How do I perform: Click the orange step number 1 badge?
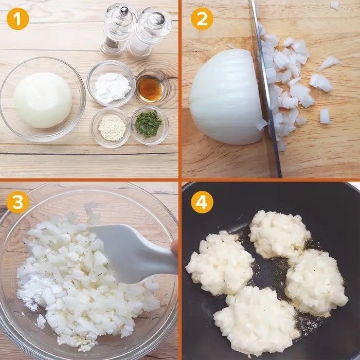coord(18,19)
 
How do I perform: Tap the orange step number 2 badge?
coord(202,19)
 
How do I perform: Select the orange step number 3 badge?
coord(18,202)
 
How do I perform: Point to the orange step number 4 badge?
coord(202,202)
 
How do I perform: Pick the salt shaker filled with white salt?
coord(149,32)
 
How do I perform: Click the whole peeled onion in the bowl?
coord(43,100)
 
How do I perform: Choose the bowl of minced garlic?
coord(111,128)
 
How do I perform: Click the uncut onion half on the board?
coord(226,97)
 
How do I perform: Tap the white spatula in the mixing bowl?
coord(133,253)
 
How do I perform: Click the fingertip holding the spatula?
coord(175,247)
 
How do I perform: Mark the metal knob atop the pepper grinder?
coord(124,11)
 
